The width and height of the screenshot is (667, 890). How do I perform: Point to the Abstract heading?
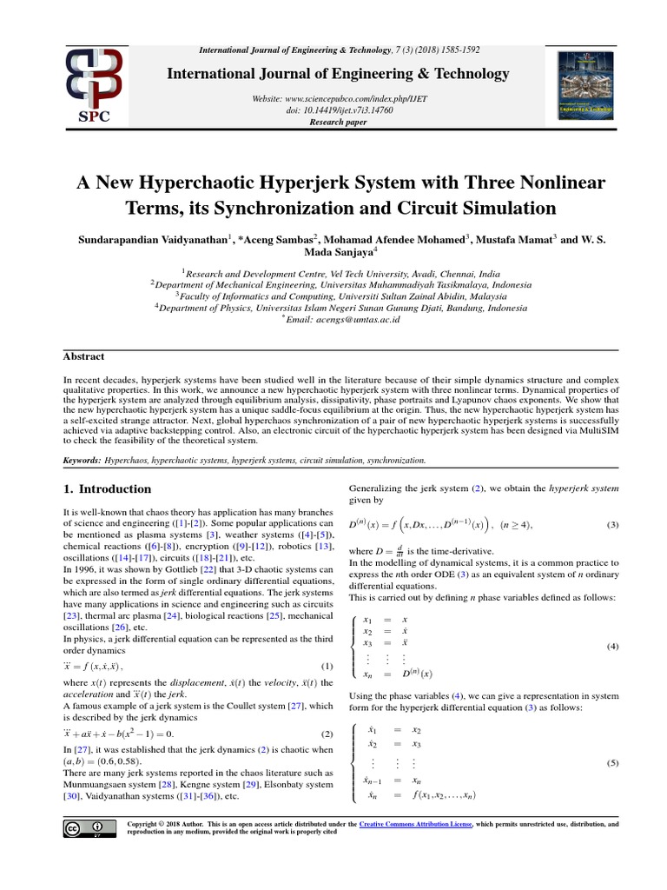[83, 356]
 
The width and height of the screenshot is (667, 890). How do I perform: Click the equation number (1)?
[315, 667]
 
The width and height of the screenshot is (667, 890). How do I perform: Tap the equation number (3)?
[612, 525]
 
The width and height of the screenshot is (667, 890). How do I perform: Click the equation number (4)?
[612, 647]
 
